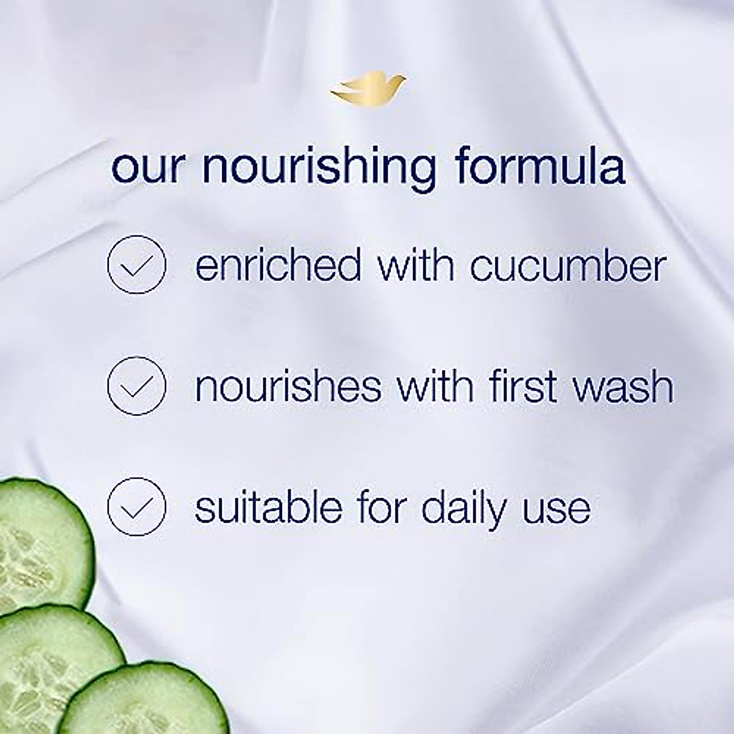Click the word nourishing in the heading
[x=319, y=166]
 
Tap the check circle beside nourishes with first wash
[x=136, y=386]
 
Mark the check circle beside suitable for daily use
[x=136, y=507]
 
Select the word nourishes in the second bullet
[x=287, y=386]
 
